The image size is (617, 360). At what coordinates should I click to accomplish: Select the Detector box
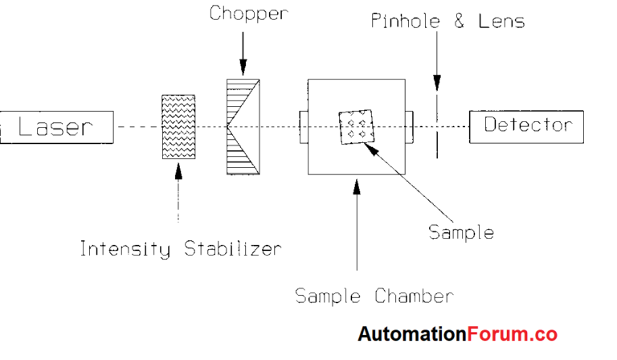(526, 126)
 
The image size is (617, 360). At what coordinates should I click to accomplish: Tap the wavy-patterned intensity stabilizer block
(178, 127)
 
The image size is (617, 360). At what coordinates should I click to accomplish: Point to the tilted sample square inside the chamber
(358, 127)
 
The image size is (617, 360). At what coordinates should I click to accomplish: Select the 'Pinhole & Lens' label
(447, 21)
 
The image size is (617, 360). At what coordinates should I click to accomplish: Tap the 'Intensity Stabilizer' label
(180, 249)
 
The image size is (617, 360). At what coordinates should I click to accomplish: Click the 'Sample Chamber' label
(374, 297)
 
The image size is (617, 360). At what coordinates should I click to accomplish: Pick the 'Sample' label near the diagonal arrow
(460, 232)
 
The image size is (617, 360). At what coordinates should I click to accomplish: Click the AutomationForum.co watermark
(457, 334)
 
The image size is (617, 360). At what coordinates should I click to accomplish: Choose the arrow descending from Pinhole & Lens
(437, 64)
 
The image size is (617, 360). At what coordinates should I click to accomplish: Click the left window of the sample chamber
(303, 126)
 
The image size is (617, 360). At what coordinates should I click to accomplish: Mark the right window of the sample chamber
(410, 126)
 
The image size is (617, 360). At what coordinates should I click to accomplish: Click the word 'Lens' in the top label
(500, 21)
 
